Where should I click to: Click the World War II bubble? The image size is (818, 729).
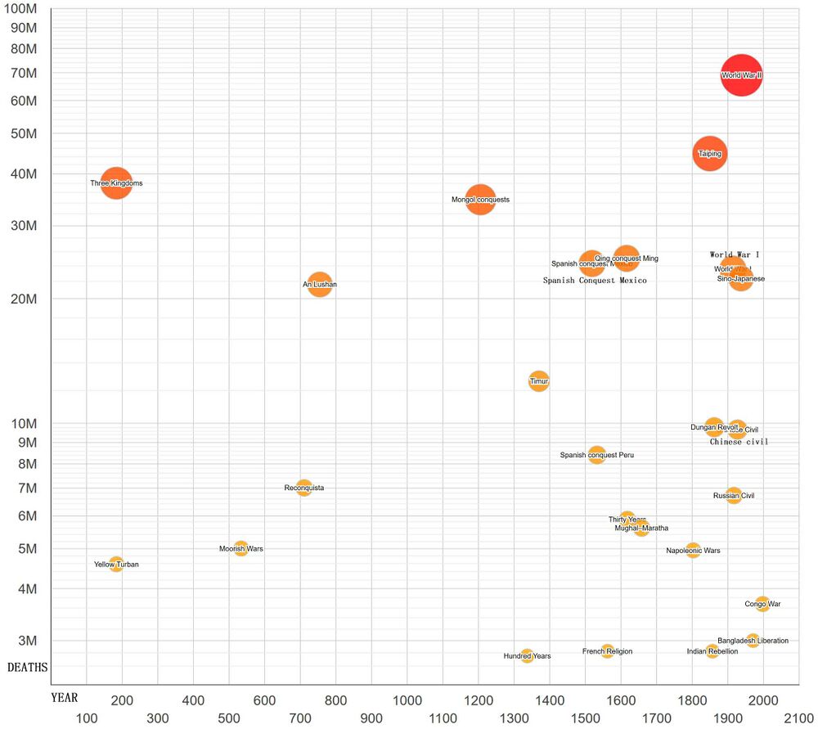[742, 75]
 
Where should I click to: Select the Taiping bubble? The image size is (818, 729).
[709, 153]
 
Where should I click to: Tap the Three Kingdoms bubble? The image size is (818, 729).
[117, 183]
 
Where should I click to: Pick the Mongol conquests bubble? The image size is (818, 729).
[481, 200]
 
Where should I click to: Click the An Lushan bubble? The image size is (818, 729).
[320, 285]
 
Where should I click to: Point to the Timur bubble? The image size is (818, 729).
[539, 381]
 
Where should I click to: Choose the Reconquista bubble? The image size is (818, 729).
[304, 488]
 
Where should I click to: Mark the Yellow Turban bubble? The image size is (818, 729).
[116, 564]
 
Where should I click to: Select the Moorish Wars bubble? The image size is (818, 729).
[241, 548]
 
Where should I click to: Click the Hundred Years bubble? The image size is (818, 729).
[528, 655]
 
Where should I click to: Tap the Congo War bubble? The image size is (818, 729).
[762, 604]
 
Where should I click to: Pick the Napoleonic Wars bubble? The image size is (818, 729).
[694, 551]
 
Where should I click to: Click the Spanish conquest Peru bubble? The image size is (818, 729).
[597, 455]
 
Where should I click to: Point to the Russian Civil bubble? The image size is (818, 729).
[734, 495]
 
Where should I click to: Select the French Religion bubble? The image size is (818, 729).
[608, 651]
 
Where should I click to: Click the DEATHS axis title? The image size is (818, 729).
[28, 668]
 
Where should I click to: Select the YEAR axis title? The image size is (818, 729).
[65, 698]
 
